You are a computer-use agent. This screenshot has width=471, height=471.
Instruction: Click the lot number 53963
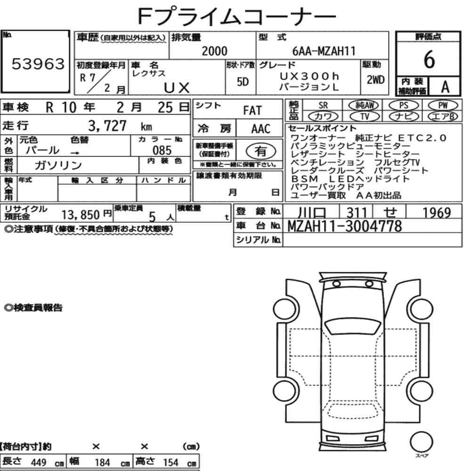point(38,64)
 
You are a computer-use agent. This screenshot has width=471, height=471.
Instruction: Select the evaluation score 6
point(429,59)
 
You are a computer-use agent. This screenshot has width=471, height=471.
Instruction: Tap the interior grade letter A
point(445,87)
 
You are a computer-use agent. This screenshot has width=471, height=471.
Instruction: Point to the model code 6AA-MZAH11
point(324,51)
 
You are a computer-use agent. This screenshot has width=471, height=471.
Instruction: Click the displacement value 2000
point(214,51)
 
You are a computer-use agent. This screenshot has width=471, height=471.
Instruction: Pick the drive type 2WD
point(375,80)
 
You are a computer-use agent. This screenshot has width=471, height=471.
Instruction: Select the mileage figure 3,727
point(107,126)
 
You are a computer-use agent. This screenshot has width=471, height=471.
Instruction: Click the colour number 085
point(162,150)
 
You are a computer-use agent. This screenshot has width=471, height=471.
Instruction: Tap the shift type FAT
point(252,111)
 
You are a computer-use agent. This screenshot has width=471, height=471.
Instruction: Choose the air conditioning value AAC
point(260,129)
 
